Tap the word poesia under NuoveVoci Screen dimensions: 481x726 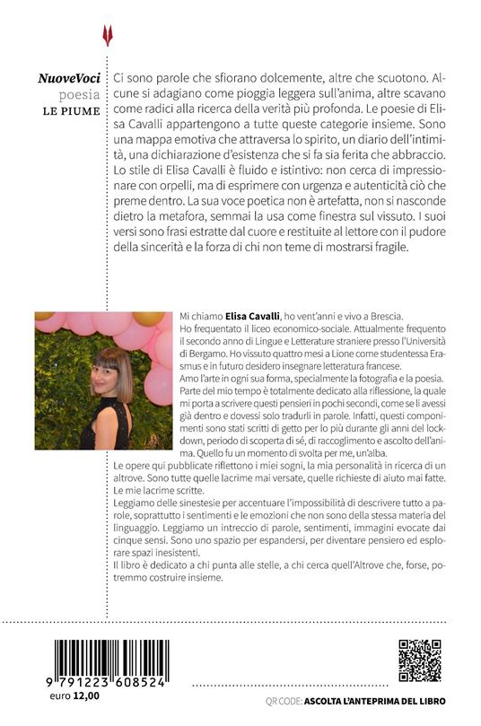pos(82,96)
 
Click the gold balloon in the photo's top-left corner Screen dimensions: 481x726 pos(44,316)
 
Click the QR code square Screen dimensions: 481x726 pos(419,661)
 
